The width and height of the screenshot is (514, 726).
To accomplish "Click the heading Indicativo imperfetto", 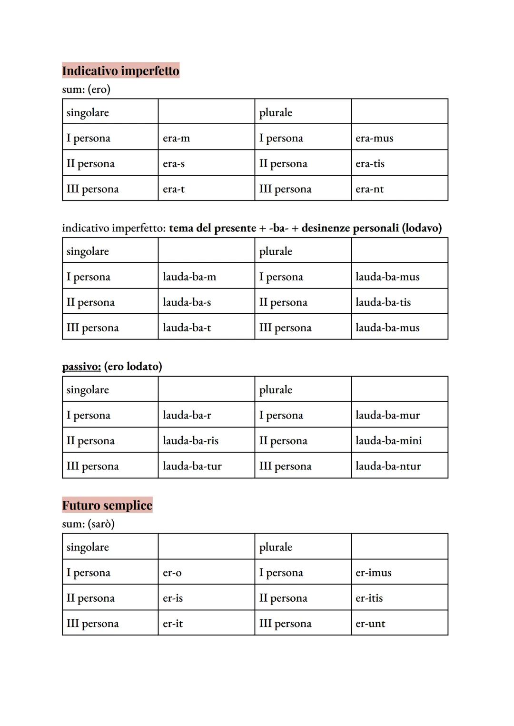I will click(x=120, y=71).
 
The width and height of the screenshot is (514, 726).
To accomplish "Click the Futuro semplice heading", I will click(x=107, y=505).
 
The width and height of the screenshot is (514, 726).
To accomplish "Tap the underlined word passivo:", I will click(x=81, y=367).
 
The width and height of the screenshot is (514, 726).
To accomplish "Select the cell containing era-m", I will click(x=206, y=138).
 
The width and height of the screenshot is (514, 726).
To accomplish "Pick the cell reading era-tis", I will click(x=399, y=163).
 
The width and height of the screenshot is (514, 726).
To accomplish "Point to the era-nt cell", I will click(x=399, y=189).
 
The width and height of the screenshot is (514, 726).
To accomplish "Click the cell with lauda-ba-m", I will click(x=206, y=277).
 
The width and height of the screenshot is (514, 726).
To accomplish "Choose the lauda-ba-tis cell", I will click(x=399, y=302).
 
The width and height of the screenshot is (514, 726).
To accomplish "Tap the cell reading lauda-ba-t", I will click(x=206, y=328).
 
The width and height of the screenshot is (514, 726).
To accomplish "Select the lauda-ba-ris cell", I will click(x=206, y=440).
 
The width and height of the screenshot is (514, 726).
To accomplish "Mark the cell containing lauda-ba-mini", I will click(x=399, y=440).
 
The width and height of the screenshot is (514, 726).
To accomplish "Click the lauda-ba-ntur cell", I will click(x=399, y=466).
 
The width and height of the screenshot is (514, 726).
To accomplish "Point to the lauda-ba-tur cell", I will click(x=206, y=466).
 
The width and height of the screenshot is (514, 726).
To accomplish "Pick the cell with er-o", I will click(x=206, y=573).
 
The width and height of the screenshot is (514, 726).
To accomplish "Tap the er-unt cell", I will click(x=399, y=624).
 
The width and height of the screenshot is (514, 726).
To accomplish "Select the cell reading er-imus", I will click(x=399, y=573).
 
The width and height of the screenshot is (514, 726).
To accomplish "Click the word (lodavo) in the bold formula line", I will click(x=422, y=228).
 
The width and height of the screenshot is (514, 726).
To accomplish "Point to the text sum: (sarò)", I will click(x=88, y=524).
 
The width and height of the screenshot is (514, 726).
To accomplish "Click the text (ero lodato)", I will click(x=133, y=367).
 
